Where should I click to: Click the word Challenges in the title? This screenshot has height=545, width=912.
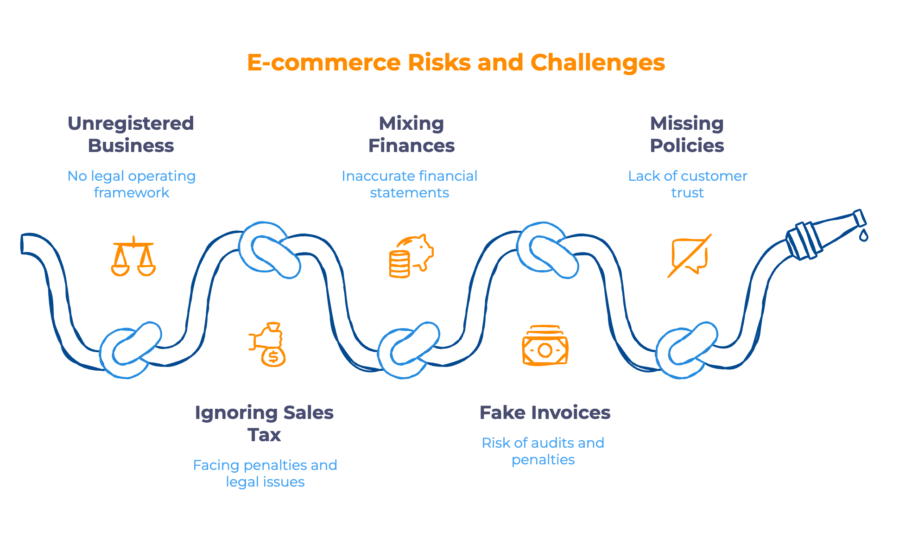click(x=597, y=63)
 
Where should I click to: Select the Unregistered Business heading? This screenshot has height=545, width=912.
click(x=131, y=134)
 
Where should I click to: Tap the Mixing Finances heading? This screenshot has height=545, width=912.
click(x=412, y=134)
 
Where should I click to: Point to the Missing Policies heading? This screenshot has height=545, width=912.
click(x=687, y=134)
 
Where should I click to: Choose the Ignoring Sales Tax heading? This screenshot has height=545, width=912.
click(x=264, y=423)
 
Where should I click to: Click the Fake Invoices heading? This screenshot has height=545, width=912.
click(x=545, y=412)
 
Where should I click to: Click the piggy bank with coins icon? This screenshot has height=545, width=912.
click(x=411, y=256)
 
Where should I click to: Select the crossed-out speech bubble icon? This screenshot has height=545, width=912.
click(x=689, y=256)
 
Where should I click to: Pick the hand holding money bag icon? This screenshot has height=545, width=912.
click(x=268, y=344)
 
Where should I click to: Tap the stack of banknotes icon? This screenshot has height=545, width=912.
click(x=545, y=346)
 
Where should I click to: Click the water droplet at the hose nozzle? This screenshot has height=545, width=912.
click(x=863, y=235)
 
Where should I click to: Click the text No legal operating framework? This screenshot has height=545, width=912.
click(x=132, y=184)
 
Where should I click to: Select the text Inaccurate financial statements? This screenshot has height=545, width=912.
click(x=409, y=184)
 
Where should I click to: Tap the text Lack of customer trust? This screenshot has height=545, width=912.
click(x=687, y=184)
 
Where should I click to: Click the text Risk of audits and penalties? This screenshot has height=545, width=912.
click(x=543, y=451)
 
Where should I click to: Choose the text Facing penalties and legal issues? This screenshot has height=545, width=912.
click(x=265, y=473)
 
